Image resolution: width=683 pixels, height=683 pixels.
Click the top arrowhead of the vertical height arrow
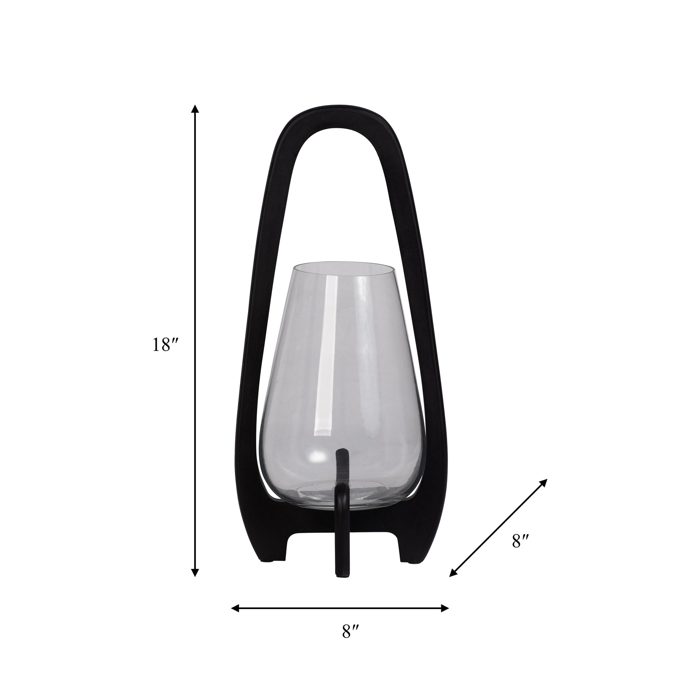coord(195,109)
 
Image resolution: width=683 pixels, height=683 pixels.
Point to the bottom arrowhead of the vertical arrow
coord(195,582)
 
